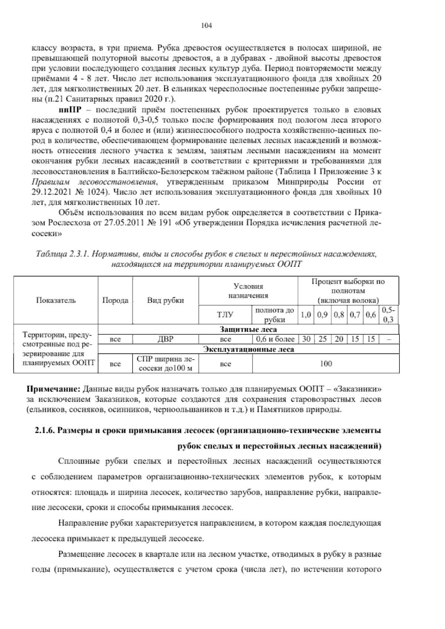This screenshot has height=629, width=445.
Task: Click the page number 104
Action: pos(206,26)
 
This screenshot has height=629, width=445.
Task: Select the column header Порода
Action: pos(115,300)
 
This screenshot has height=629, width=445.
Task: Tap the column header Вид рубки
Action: pos(165,300)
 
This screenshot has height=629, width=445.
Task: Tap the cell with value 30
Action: pos(306,339)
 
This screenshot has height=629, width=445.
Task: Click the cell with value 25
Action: pos(322,339)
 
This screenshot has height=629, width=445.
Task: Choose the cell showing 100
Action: pos(326,363)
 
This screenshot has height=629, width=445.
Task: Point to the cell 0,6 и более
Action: pos(275,339)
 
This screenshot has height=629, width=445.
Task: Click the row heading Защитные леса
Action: pos(248,329)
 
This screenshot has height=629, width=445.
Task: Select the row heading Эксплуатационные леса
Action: pos(248,349)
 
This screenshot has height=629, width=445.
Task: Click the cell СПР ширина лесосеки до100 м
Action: pos(165,364)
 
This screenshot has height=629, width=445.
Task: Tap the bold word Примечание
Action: pos(54,389)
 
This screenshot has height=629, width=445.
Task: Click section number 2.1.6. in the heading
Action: pos(45,431)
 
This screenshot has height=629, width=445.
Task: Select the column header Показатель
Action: pos(56,300)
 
